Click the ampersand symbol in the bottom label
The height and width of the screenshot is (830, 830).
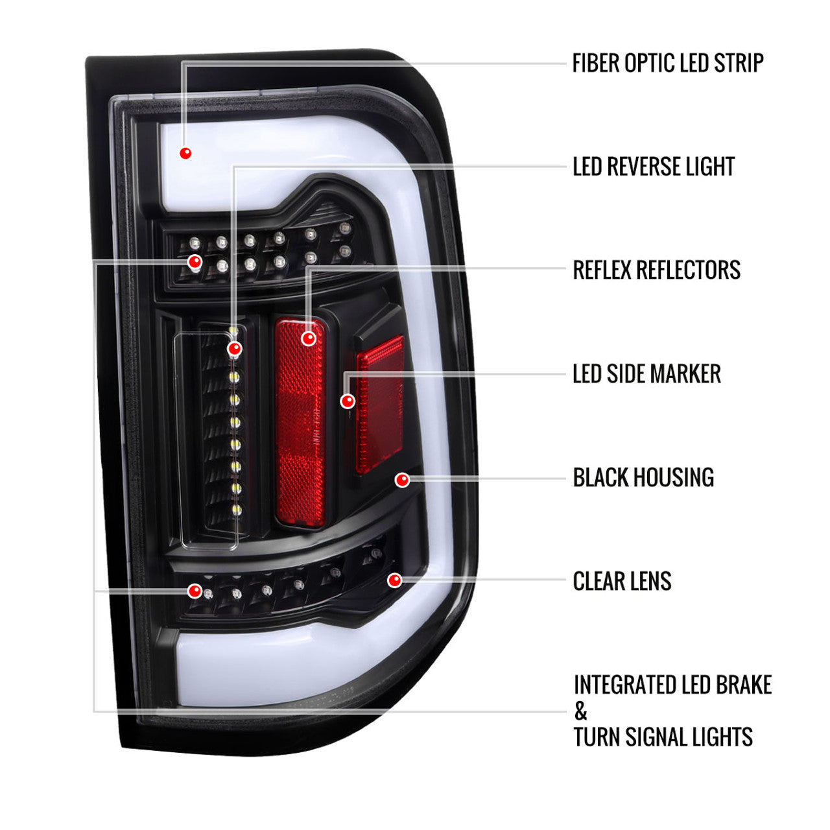[580, 712]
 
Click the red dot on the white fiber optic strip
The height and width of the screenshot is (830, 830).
[185, 153]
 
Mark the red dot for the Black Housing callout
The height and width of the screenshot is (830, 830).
[402, 480]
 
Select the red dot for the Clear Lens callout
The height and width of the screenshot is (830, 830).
[394, 580]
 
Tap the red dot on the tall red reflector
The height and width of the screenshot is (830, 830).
[309, 338]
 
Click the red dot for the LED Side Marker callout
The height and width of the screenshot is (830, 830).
[348, 401]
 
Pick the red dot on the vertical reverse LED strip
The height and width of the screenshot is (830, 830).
[234, 349]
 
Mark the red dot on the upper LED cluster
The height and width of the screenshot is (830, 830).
[194, 262]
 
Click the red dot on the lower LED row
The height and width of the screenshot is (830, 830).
[194, 591]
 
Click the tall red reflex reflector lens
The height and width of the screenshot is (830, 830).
[300, 441]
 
